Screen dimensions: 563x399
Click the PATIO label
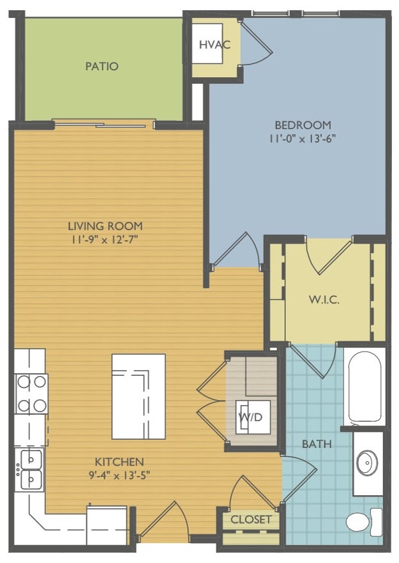pyautogui.click(x=102, y=66)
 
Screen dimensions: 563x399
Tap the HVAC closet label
pyautogui.click(x=211, y=45)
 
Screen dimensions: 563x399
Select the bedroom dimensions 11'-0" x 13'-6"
pyautogui.click(x=303, y=137)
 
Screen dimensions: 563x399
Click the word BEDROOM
pyautogui.click(x=303, y=125)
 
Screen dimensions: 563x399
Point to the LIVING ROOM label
pyautogui.click(x=105, y=226)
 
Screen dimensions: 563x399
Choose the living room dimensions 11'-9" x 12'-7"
pyautogui.click(x=105, y=240)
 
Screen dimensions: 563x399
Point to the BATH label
pyautogui.click(x=317, y=443)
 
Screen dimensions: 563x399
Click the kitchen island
pyautogui.click(x=139, y=396)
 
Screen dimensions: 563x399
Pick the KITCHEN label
pyautogui.click(x=119, y=461)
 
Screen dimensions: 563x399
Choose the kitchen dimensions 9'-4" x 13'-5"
pyautogui.click(x=119, y=475)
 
